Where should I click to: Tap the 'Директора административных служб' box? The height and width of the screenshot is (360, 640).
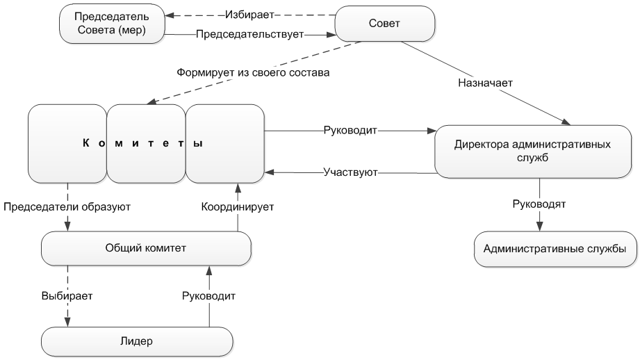click(x=532, y=152)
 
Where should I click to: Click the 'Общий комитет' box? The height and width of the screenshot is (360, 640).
click(x=146, y=247)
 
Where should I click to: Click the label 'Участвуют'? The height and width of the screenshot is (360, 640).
click(x=350, y=172)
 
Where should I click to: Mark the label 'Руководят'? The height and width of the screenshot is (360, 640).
click(x=539, y=206)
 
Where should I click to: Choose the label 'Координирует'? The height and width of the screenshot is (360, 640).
click(x=238, y=207)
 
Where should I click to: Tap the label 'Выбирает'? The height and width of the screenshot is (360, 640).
click(x=67, y=295)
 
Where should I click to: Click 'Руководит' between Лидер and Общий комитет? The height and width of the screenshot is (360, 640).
click(x=209, y=295)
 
